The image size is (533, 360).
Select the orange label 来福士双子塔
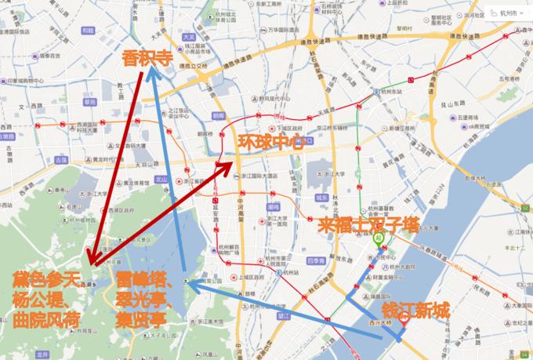pos(368,224)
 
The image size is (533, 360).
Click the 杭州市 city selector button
pos(506,13)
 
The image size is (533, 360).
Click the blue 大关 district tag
pos(187,37)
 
